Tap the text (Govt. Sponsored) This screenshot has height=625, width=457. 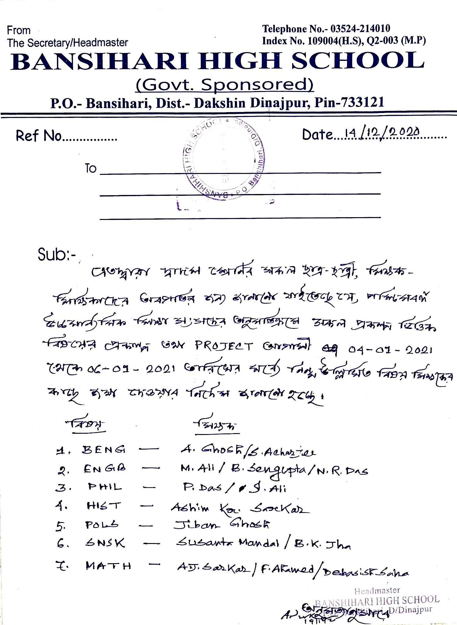coord(225,85)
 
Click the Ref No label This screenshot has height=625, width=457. coord(39,136)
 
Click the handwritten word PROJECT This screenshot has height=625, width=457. coord(224,346)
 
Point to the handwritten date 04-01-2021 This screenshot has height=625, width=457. coord(390,350)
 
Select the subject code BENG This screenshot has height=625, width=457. coord(104,450)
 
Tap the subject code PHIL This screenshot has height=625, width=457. coord(105,487)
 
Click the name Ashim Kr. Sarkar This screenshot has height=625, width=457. coord(239,508)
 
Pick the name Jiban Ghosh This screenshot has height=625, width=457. coord(221,524)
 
